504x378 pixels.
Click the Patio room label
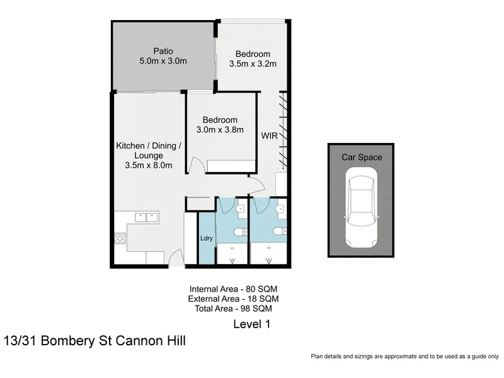pos(163,51)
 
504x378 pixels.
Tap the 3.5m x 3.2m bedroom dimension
pos(253,64)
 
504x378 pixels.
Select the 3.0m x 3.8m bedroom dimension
pos(220,130)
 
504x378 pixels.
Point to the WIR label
pos(270,135)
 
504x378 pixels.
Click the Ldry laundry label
pos(207,238)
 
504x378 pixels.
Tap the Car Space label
pos(362,157)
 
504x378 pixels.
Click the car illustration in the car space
pos(361,208)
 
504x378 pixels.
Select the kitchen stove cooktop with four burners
pos(120,238)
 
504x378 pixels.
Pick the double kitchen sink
pos(147,217)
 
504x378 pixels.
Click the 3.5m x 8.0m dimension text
pos(149,165)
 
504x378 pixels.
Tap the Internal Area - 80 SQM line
pos(233,289)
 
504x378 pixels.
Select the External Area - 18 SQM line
pos(233,299)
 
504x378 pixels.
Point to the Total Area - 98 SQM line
pos(233,309)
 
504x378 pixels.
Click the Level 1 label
pos(251,324)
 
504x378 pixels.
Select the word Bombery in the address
pos(68,341)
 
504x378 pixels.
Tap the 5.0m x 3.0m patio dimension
pos(163,60)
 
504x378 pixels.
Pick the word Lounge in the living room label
pos(149,156)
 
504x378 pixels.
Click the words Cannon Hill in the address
pos(151,340)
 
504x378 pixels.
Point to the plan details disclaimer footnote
pos(405,356)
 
